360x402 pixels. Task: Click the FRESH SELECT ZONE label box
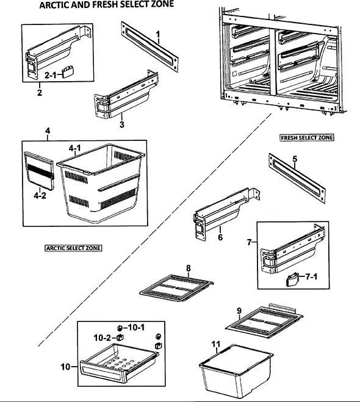307,138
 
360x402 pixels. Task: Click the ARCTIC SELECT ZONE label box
73,248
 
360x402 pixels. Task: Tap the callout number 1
158,35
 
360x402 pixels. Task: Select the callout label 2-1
50,75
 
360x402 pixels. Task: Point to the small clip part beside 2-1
68,72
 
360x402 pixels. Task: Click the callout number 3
122,124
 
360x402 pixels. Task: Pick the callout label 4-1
74,148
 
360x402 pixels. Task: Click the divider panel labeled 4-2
40,171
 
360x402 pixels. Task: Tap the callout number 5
295,159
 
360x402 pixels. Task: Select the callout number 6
220,237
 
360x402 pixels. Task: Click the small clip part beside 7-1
292,279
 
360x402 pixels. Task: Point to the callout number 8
189,268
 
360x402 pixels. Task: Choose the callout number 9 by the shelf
239,311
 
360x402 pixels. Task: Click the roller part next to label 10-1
119,328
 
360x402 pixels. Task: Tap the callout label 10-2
103,338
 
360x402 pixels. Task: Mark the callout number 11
216,344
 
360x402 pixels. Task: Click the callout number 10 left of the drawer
65,367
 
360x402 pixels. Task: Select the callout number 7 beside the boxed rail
249,242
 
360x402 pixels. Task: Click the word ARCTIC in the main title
54,5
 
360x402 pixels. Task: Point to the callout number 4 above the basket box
48,131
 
